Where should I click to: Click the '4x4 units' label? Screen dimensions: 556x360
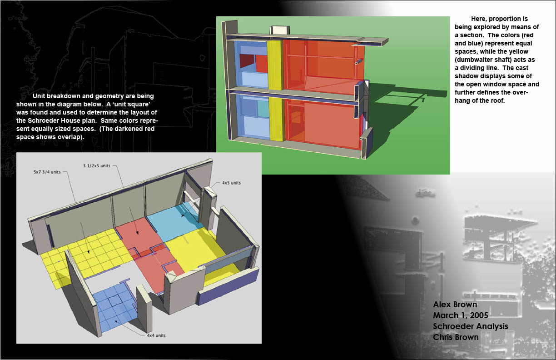tap(156, 335)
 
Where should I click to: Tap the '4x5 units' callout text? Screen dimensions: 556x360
tap(231, 183)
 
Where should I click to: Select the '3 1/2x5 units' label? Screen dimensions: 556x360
tap(97, 166)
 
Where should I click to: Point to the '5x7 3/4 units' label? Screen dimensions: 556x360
tap(47, 172)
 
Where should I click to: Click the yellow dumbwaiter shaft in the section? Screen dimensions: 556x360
tap(276, 91)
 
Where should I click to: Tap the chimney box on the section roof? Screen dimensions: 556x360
tap(279, 30)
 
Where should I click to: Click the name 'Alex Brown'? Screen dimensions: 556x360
tap(455, 305)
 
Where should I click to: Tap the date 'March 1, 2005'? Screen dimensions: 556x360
tap(461, 315)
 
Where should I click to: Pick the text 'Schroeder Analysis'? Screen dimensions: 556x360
tap(470, 326)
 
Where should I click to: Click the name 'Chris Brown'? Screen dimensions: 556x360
tap(456, 337)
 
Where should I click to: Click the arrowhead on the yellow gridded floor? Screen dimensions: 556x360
tap(88, 252)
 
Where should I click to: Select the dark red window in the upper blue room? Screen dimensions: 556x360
tap(247, 61)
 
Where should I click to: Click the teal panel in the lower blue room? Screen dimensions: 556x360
tap(263, 109)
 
